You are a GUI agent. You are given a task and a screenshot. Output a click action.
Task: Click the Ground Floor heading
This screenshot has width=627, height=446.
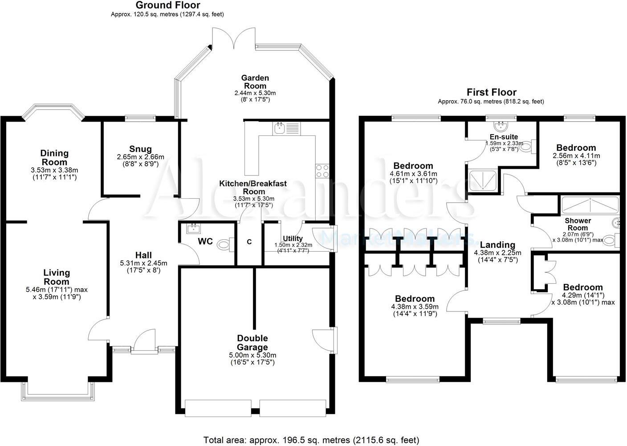pyautogui.click(x=167, y=5)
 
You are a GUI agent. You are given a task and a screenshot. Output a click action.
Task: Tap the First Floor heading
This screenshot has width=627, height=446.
pyautogui.click(x=491, y=92)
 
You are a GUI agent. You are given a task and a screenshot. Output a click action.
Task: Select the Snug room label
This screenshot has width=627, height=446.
pyautogui.click(x=140, y=149)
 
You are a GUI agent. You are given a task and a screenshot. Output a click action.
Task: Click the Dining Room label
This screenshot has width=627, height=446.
pyautogui.click(x=55, y=157)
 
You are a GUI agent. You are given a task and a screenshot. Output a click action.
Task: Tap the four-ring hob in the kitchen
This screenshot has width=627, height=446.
pyautogui.click(x=322, y=171)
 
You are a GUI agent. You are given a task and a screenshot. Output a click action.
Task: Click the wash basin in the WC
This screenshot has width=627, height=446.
pyautogui.click(x=194, y=229)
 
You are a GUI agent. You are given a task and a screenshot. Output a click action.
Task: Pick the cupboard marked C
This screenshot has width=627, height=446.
pyautogui.click(x=249, y=242)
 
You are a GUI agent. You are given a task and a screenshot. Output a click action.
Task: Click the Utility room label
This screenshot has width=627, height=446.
pyautogui.click(x=293, y=238)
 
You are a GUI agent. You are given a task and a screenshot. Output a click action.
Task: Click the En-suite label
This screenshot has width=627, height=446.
pyautogui.click(x=504, y=137)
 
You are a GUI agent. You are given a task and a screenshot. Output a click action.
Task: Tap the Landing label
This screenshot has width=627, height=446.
pyautogui.click(x=497, y=245)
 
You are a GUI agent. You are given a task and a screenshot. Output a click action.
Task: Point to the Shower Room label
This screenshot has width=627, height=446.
pyautogui.click(x=578, y=224)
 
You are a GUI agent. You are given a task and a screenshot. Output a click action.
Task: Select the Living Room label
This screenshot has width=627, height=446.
pyautogui.click(x=57, y=277)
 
